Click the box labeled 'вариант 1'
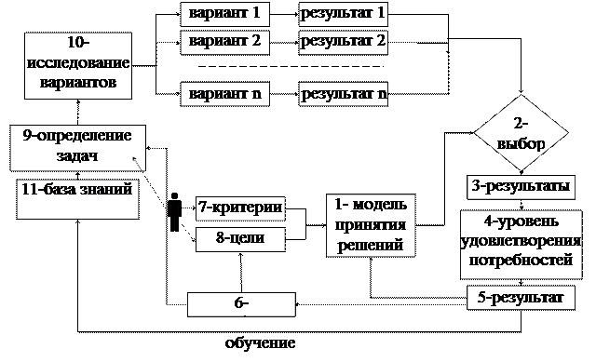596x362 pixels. (224, 14)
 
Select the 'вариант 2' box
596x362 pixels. (224, 43)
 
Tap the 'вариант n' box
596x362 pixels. (224, 94)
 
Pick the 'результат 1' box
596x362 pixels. (344, 14)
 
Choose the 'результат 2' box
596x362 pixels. (344, 43)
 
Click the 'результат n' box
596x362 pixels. (344, 94)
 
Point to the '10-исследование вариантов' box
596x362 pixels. (78, 66)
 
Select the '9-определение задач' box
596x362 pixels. (78, 148)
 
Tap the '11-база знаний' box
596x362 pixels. (77, 199)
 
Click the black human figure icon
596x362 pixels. (174, 212)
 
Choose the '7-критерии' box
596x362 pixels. (240, 208)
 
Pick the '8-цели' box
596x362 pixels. (240, 239)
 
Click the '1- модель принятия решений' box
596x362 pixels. (371, 225)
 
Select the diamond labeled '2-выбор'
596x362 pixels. (521, 132)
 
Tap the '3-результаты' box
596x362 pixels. (521, 187)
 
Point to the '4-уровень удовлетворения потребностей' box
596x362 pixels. (521, 245)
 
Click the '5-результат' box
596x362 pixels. (521, 298)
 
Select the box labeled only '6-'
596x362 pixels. (241, 304)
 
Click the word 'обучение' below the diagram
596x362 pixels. (261, 343)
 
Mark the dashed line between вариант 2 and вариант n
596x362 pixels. (291, 66)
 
